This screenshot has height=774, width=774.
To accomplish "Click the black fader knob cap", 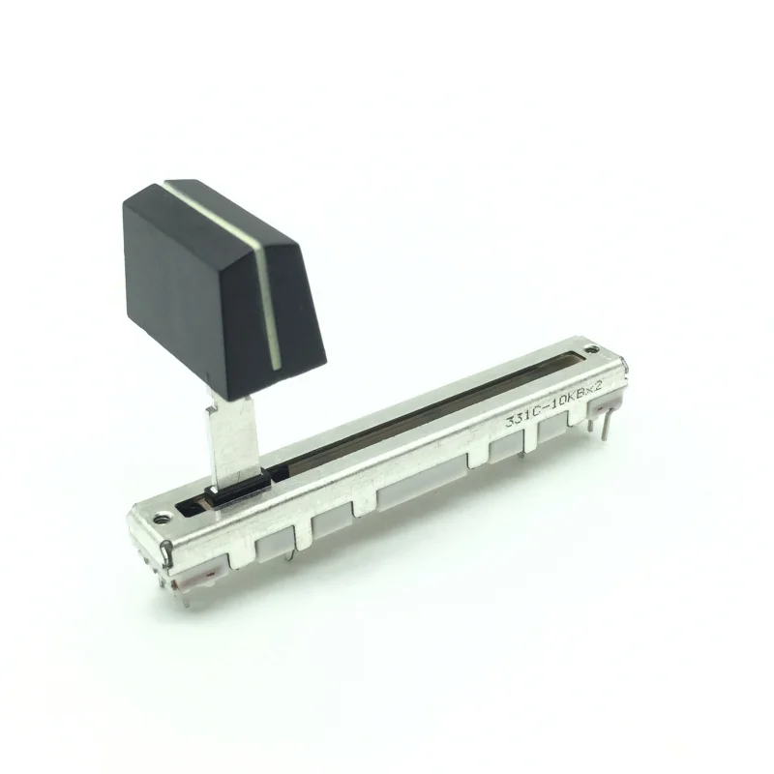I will click(x=218, y=281).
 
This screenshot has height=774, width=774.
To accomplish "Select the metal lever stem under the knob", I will click(x=232, y=440).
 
